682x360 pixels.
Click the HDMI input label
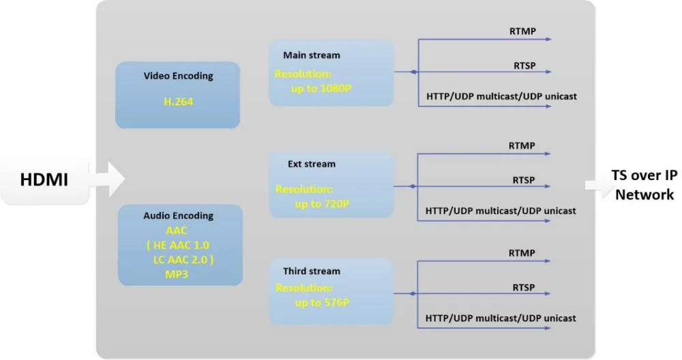click(44, 179)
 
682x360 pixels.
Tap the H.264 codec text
click(178, 102)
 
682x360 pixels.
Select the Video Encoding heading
click(178, 76)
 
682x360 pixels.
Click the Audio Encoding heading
click(178, 215)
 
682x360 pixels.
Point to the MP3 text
click(177, 274)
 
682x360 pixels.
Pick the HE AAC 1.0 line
click(178, 245)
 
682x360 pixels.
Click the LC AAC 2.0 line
click(183, 260)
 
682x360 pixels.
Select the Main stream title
click(312, 55)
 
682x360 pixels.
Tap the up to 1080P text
click(321, 89)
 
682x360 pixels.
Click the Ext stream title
click(312, 164)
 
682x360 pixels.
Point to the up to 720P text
click(322, 204)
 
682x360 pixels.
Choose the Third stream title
click(312, 271)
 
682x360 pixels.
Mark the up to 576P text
click(322, 303)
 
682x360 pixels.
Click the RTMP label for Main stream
click(523, 31)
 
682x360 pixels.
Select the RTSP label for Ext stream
click(524, 180)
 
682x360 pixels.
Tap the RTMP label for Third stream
click(522, 253)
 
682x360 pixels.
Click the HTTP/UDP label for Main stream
click(501, 97)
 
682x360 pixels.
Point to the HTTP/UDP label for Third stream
click(501, 318)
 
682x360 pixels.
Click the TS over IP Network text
click(644, 185)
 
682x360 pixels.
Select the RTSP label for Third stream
click(524, 288)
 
